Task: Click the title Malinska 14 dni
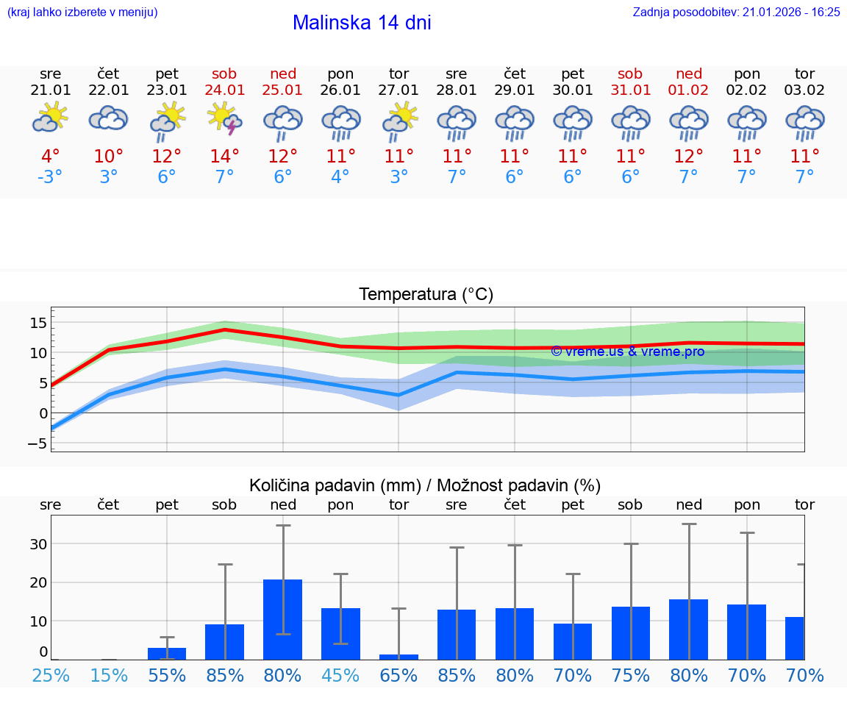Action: (x=362, y=23)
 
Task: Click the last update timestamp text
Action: (x=736, y=12)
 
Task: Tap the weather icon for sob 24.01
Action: (x=225, y=118)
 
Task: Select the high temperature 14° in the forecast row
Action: (x=225, y=156)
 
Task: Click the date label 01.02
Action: (x=689, y=90)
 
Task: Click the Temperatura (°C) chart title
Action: (x=426, y=294)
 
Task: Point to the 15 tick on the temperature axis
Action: (x=38, y=323)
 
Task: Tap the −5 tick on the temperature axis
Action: (x=37, y=443)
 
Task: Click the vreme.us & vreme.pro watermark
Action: (x=627, y=352)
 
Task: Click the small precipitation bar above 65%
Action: (x=399, y=657)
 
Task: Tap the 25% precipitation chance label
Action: (x=51, y=675)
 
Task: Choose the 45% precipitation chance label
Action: (x=341, y=675)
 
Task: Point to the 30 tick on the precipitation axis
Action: (x=38, y=544)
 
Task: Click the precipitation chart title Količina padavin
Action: (x=426, y=485)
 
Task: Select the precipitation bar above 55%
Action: (x=167, y=653)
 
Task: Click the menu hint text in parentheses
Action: (x=82, y=12)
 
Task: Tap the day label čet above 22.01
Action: (x=109, y=74)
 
